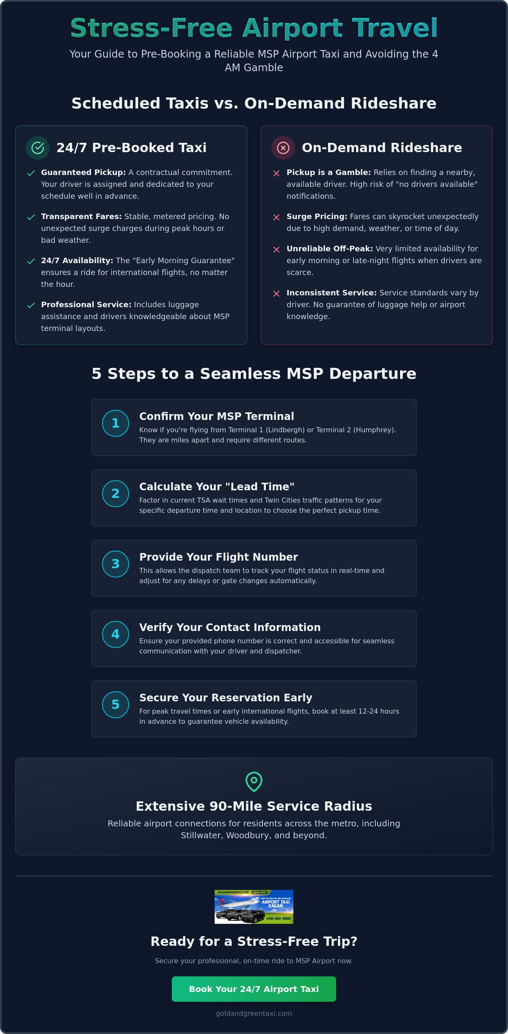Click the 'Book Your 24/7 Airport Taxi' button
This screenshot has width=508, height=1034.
pos(254,989)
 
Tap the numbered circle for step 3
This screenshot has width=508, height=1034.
pos(116,564)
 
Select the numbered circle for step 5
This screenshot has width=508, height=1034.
pos(116,705)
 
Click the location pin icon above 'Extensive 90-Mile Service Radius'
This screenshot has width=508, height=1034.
pos(254,781)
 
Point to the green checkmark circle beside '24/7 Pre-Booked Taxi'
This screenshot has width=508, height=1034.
pos(38,148)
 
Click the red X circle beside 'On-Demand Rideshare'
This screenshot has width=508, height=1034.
pos(283,148)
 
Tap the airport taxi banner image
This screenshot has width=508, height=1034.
pos(254,907)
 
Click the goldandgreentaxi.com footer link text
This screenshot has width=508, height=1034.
pos(254,1013)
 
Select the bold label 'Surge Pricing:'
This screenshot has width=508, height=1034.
pos(317,217)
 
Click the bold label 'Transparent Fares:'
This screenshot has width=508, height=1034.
pos(81,217)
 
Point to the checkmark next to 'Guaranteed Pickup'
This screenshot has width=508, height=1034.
pos(31,173)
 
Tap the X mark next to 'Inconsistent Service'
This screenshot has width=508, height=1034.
pos(276,294)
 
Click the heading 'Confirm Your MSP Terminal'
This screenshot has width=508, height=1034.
pos(217,416)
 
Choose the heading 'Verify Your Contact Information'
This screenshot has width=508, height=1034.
pos(230,627)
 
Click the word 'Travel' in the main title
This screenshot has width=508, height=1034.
pos(395,28)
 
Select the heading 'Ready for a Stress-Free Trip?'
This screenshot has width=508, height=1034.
pos(254,941)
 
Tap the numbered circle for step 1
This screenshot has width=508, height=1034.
pos(116,423)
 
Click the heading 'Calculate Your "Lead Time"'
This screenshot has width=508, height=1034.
pos(217,486)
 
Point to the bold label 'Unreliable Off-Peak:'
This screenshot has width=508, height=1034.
pos(330,249)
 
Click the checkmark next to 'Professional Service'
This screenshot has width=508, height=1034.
pos(31,306)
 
